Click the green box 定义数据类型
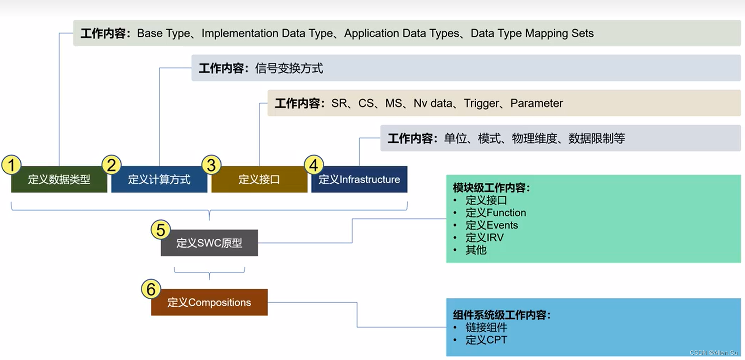pos(59,180)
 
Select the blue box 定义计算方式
pos(159,180)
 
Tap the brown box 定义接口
pos(259,180)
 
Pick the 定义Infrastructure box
pos(359,180)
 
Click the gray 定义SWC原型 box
pos(209,243)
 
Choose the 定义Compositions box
pos(209,303)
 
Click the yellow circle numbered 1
pos(11,165)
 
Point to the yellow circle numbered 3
pos(211,165)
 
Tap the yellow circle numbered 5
pos(160,230)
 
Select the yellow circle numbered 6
pos(151,289)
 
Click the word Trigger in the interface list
pos(481,103)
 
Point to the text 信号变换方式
pos(289,68)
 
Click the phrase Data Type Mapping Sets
pos(532,33)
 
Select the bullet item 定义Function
pos(496,213)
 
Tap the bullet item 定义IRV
pos(484,238)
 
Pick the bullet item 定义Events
pos(491,225)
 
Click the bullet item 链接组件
pos(486,327)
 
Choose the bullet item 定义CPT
pos(486,340)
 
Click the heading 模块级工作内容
pos(491,188)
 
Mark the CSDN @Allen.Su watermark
pos(713,353)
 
